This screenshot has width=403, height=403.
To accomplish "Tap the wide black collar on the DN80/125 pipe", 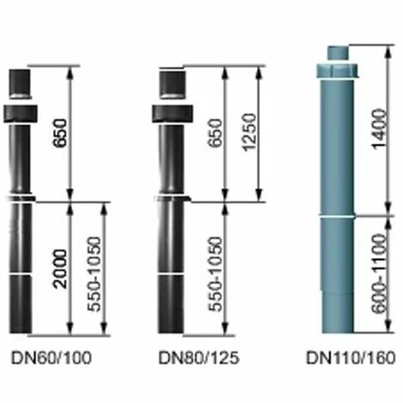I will point(171,113).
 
